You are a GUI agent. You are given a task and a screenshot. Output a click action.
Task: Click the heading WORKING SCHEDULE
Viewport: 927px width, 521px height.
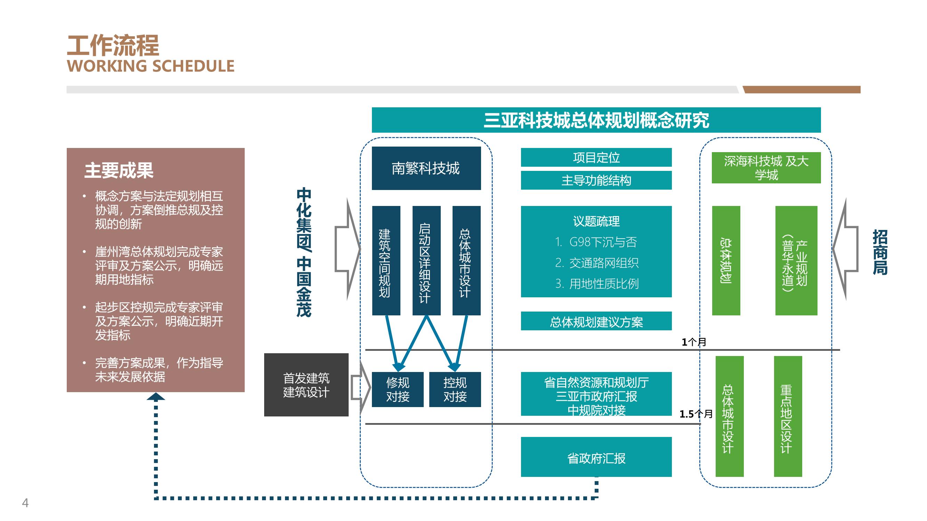[x=151, y=66]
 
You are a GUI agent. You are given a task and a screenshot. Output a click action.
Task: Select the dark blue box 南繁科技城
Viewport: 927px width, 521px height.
[x=426, y=168]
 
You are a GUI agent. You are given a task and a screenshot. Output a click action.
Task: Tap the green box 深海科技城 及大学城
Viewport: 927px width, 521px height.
[x=766, y=168]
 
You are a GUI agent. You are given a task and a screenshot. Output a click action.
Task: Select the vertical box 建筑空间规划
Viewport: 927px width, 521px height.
[x=386, y=261]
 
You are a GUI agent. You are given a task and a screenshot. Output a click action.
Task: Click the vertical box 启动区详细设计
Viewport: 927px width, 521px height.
[x=426, y=261]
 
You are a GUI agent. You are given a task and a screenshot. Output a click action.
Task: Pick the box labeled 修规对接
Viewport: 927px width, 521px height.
[x=398, y=389]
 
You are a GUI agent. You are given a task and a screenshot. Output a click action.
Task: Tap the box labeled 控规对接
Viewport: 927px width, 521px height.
[x=455, y=389]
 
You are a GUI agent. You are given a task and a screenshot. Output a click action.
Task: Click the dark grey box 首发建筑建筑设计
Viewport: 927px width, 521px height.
[x=306, y=385]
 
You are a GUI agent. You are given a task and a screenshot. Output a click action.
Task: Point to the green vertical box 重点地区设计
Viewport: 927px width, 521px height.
[x=788, y=416]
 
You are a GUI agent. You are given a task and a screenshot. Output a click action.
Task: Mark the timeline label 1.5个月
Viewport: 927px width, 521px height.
[x=696, y=414]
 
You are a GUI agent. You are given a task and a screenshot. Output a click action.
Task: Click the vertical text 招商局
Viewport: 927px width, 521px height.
[x=880, y=252]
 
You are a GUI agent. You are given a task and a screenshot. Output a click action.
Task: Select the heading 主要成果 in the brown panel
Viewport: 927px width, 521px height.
[x=119, y=171]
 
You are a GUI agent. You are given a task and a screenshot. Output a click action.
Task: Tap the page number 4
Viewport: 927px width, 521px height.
[x=25, y=503]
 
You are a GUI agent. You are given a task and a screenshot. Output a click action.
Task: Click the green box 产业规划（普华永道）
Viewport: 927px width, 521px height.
[x=796, y=261]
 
